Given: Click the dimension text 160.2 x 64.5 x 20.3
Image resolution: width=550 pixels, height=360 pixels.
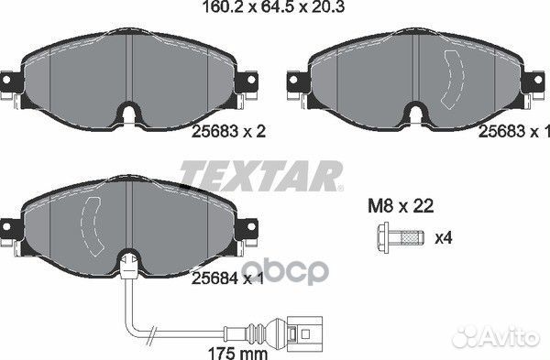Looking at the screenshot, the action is click(x=274, y=6).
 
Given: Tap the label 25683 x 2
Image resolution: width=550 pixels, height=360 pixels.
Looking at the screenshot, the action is click(x=228, y=132).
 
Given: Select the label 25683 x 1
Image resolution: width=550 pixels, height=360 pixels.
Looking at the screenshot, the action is click(x=514, y=132).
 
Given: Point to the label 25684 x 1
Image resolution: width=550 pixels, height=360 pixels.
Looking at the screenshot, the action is click(x=227, y=278).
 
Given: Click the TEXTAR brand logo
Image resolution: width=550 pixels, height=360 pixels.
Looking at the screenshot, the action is click(x=261, y=176).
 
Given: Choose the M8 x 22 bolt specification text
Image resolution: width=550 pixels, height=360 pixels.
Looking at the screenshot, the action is click(x=401, y=206).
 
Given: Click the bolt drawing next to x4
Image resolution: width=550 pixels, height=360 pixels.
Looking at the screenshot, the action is click(x=400, y=236).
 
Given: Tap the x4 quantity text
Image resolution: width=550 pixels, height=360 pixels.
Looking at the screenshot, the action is click(x=444, y=238).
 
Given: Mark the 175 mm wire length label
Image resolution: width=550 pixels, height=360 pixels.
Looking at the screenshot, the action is click(x=237, y=354).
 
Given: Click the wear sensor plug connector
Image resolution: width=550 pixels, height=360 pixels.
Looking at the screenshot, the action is click(x=304, y=332).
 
